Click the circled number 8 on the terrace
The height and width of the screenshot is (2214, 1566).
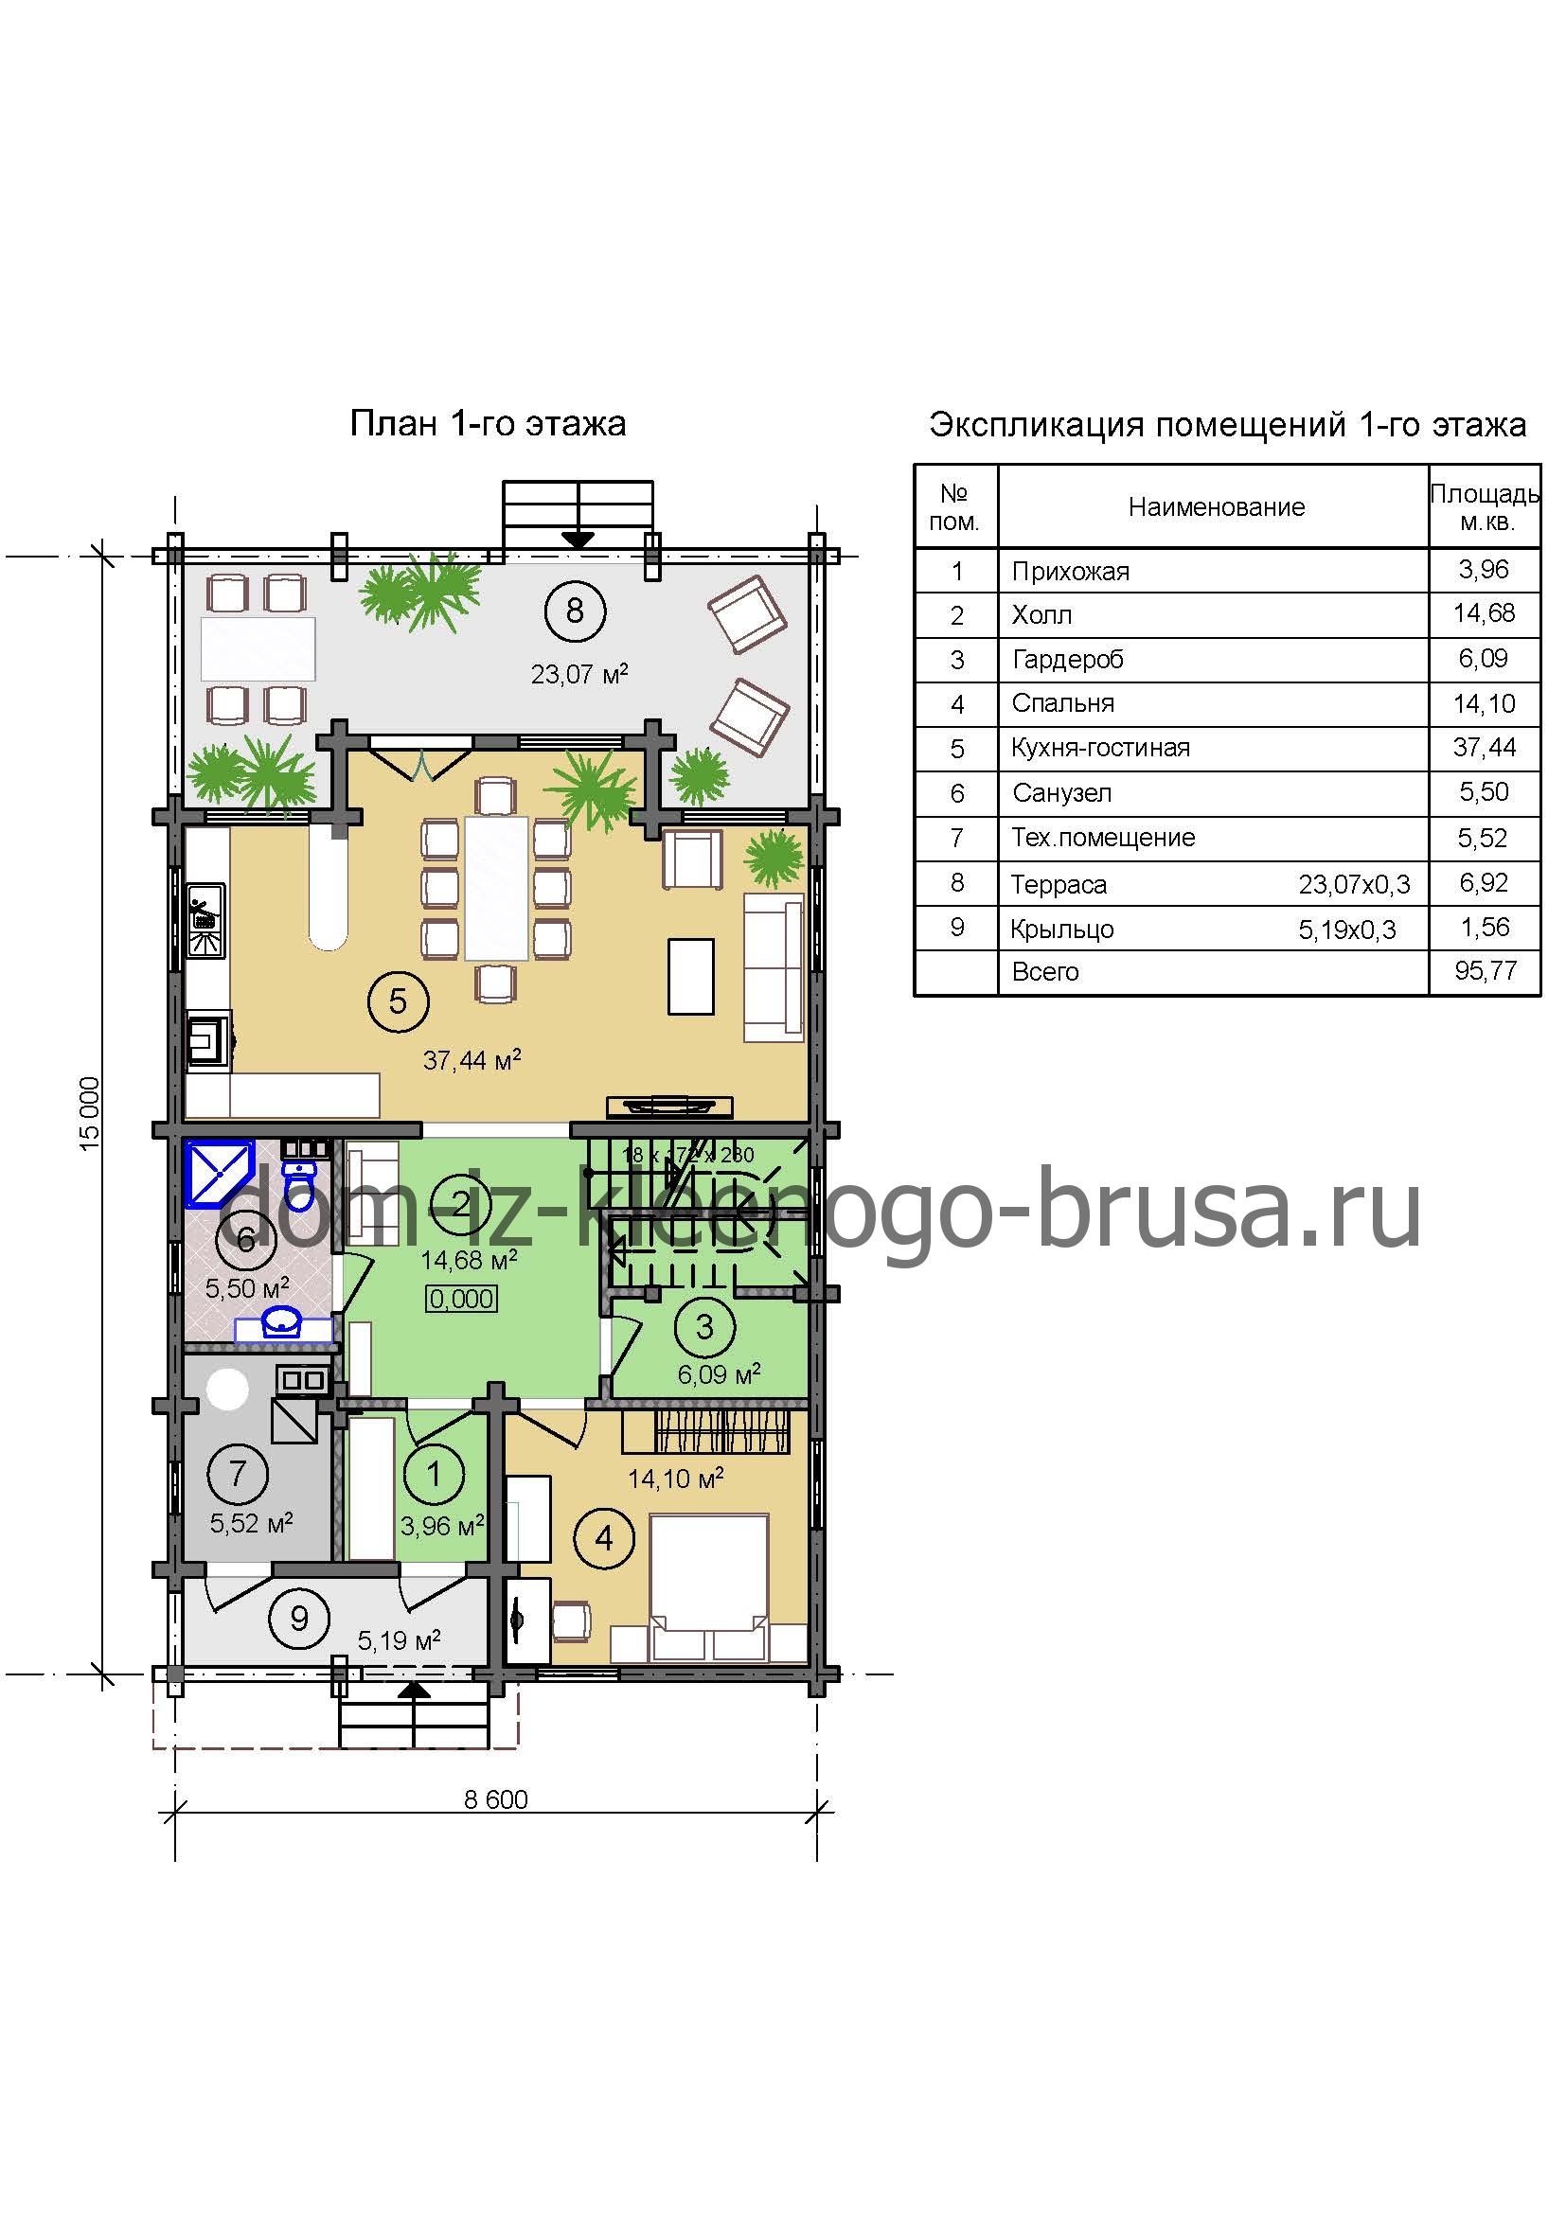tap(575, 611)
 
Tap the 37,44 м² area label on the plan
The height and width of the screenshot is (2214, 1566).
tap(472, 1060)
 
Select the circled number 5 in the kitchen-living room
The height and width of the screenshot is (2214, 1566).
tap(398, 1001)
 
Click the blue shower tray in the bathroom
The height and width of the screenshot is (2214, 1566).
tap(219, 1174)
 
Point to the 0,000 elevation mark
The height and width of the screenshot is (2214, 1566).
tap(462, 1299)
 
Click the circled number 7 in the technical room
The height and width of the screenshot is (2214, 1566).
tap(238, 1474)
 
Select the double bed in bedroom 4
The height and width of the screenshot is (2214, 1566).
tap(710, 1586)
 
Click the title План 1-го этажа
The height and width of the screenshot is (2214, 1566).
tap(488, 423)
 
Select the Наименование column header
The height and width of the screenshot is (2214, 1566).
tap(1216, 507)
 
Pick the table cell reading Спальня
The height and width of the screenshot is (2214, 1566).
tap(1062, 703)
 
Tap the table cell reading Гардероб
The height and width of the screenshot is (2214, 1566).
tap(1067, 660)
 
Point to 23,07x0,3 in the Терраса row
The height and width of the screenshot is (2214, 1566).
tap(1354, 884)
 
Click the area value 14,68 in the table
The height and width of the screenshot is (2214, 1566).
tap(1484, 612)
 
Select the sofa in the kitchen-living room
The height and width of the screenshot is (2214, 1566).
tap(774, 966)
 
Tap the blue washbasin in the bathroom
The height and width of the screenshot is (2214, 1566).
tap(283, 1325)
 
